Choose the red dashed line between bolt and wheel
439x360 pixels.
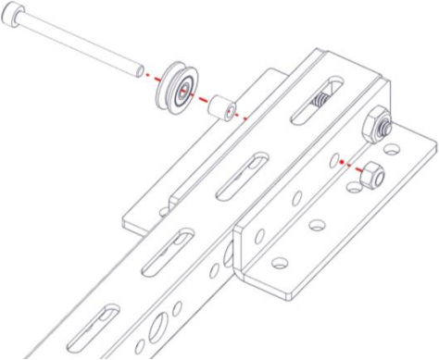click(149, 74)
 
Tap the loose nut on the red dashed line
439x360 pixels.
click(370, 172)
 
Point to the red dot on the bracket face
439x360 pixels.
click(343, 160)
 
